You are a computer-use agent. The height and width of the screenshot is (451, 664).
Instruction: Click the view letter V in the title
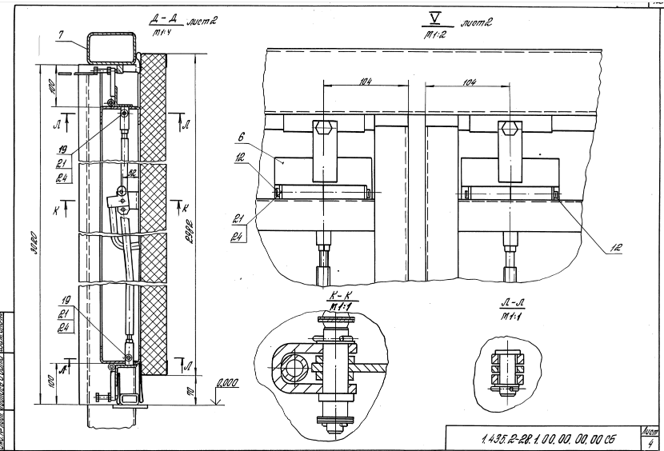coord(435,17)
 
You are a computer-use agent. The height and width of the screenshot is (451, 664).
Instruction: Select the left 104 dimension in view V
coord(365,81)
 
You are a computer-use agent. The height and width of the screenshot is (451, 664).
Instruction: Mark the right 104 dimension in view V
coord(469,81)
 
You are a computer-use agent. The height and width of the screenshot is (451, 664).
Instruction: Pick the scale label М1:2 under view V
coord(435,34)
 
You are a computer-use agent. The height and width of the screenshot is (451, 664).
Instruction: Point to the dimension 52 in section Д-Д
coord(132,170)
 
